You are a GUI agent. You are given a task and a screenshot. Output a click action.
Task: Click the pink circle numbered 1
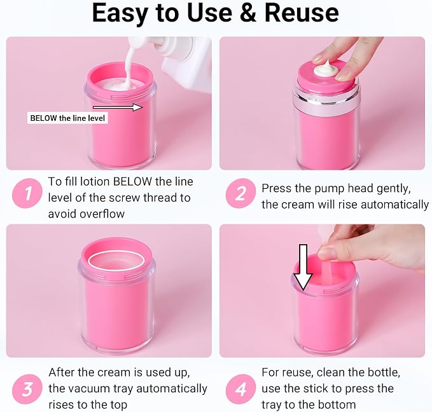[x=27, y=193]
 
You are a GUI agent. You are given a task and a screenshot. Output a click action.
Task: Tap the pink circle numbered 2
[x=240, y=193]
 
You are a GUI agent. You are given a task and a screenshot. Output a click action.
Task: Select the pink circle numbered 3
[x=27, y=389]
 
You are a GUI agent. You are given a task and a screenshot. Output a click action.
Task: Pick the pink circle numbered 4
[x=240, y=389]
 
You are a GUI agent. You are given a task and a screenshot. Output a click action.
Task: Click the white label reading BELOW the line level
[x=67, y=118]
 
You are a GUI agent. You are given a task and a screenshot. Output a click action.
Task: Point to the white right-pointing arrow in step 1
[x=118, y=107]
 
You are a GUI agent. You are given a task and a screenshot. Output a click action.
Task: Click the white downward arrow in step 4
[x=303, y=267]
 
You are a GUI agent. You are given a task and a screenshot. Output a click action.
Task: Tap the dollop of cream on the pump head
[x=326, y=69]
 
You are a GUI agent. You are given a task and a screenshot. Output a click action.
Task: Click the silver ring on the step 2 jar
[x=326, y=101]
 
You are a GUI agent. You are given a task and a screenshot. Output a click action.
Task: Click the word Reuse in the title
[x=302, y=13]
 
